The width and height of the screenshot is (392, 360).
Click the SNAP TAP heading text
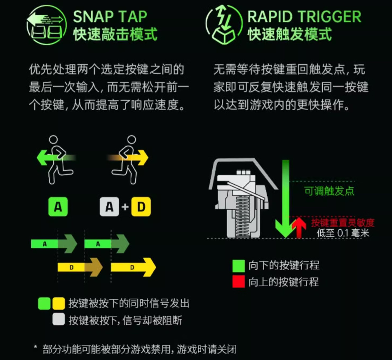110,17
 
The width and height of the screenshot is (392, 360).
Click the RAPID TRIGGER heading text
304,17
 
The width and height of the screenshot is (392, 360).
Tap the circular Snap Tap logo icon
47,25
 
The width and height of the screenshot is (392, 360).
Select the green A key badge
58,207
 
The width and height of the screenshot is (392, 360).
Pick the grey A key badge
109,207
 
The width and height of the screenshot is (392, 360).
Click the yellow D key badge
141,207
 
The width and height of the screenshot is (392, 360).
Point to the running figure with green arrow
56,160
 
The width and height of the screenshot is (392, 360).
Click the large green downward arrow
286,199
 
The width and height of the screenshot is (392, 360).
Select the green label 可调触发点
329,191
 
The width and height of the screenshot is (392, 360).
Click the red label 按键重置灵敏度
343,223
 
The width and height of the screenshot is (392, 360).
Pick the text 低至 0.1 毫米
343,233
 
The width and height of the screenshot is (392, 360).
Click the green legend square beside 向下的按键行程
239,266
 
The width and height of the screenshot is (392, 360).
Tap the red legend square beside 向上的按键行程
239,282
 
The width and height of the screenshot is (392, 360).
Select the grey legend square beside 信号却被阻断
59,319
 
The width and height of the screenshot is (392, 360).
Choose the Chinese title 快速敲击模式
115,34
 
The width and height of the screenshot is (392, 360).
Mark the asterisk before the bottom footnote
35,347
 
